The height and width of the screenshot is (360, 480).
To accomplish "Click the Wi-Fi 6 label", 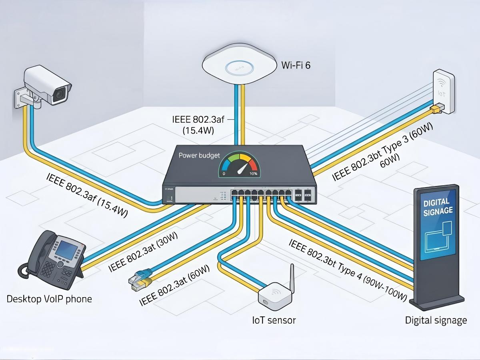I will pos(296,66).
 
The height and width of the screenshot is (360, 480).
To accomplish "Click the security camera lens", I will pos(60,93).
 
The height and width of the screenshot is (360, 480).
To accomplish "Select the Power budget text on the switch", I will pos(198,155).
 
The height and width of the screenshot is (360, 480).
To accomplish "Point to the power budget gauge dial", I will pos(240,165).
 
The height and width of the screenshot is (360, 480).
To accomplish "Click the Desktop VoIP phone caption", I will pos(49,299).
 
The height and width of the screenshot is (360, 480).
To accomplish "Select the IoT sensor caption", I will pos(274,320).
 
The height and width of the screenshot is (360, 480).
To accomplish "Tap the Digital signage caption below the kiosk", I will pos(436,320).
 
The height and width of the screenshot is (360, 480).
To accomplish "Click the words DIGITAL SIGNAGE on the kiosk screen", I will pos(438,207).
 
